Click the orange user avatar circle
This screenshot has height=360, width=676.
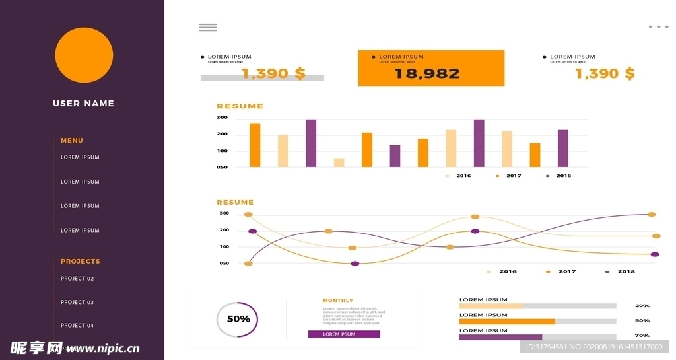tap(84, 55)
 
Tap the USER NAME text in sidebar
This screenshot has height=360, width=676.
tap(83, 103)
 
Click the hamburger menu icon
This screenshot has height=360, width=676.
tap(208, 27)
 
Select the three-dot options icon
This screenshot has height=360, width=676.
tap(658, 27)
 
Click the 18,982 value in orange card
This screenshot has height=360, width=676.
tap(427, 73)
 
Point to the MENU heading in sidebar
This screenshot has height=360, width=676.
tap(72, 140)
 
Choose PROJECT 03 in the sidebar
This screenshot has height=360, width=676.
tap(77, 302)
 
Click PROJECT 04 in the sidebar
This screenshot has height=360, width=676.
tap(77, 325)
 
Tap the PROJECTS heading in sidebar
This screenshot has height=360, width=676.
tap(81, 261)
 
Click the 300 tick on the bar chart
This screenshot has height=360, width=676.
tap(222, 118)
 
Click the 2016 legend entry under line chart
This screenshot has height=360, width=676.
tap(508, 271)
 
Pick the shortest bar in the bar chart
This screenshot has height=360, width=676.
tap(339, 162)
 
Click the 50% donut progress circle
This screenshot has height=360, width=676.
tap(238, 319)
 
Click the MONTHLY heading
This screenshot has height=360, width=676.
tap(338, 301)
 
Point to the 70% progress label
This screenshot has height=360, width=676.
tap(642, 336)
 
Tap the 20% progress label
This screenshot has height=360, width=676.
tap(642, 306)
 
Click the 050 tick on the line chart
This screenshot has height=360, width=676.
tap(224, 263)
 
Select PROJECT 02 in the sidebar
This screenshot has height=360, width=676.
tap(77, 279)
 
